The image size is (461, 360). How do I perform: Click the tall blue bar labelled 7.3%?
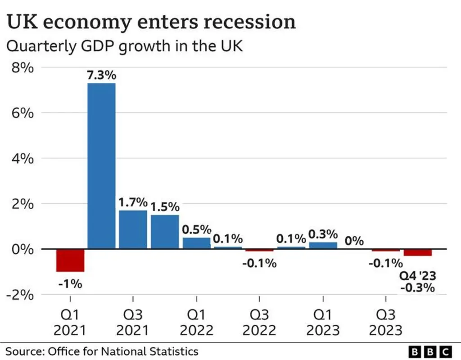tap(101, 166)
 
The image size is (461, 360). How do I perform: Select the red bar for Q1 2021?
tap(70, 260)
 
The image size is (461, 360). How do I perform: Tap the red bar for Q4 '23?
tap(417, 252)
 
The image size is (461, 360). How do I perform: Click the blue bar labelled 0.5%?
tap(196, 243)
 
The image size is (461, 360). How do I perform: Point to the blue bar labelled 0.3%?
tap(323, 245)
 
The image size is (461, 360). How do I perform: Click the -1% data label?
tap(70, 284)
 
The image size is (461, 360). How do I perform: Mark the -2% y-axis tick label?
tap(21, 295)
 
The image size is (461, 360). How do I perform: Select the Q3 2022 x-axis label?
tap(259, 322)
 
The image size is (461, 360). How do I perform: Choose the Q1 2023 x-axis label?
tap(323, 322)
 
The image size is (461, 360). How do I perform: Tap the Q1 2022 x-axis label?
tap(196, 322)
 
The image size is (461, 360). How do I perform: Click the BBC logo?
tap(429, 351)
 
